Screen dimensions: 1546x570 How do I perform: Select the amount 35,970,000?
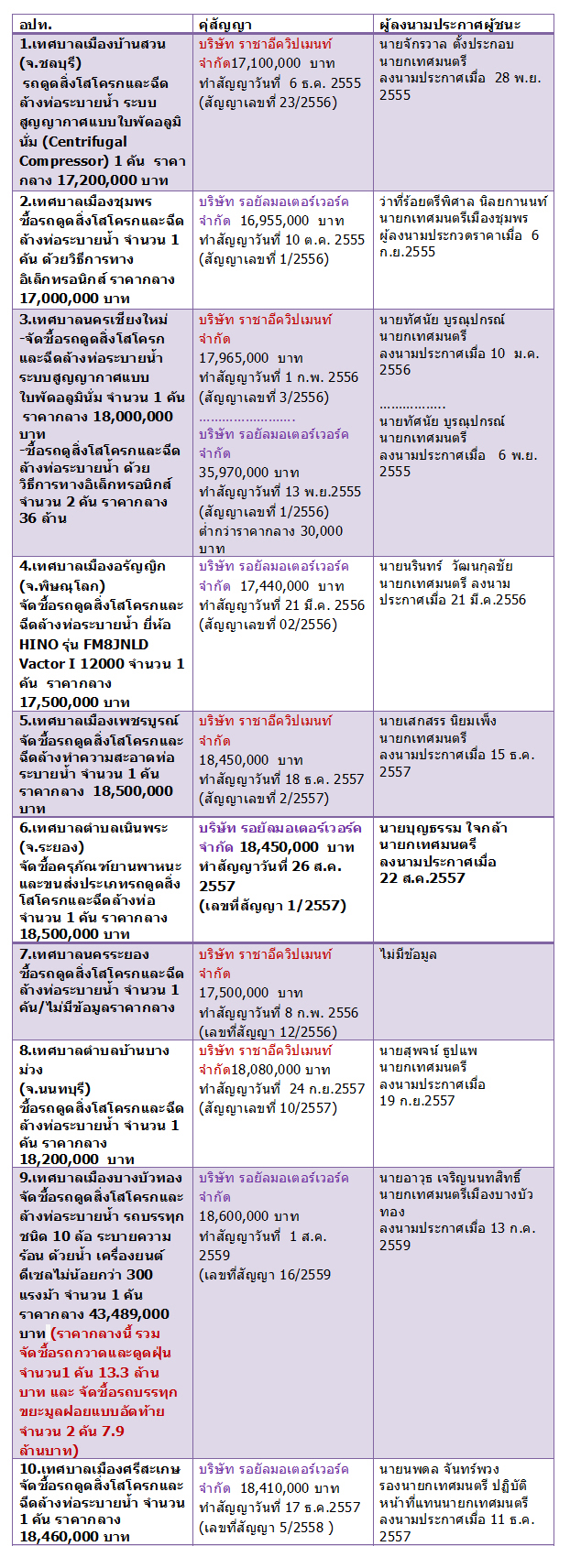coord(236,473)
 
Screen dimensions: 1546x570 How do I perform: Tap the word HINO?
coord(38,644)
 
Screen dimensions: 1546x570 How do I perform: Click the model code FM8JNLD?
coord(113,644)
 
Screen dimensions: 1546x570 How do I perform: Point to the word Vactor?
coord(42,663)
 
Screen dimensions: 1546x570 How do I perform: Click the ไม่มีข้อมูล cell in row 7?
coord(408,954)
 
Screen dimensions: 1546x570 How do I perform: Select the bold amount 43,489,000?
coord(129,1313)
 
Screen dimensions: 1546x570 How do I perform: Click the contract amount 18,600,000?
coord(236,1216)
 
